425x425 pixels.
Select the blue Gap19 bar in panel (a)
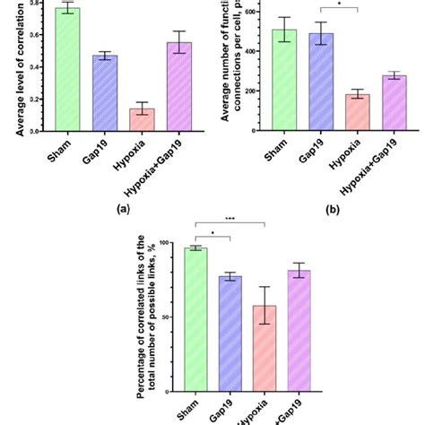[x=108, y=93]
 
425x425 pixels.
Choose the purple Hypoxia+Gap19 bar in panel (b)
[x=395, y=103]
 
